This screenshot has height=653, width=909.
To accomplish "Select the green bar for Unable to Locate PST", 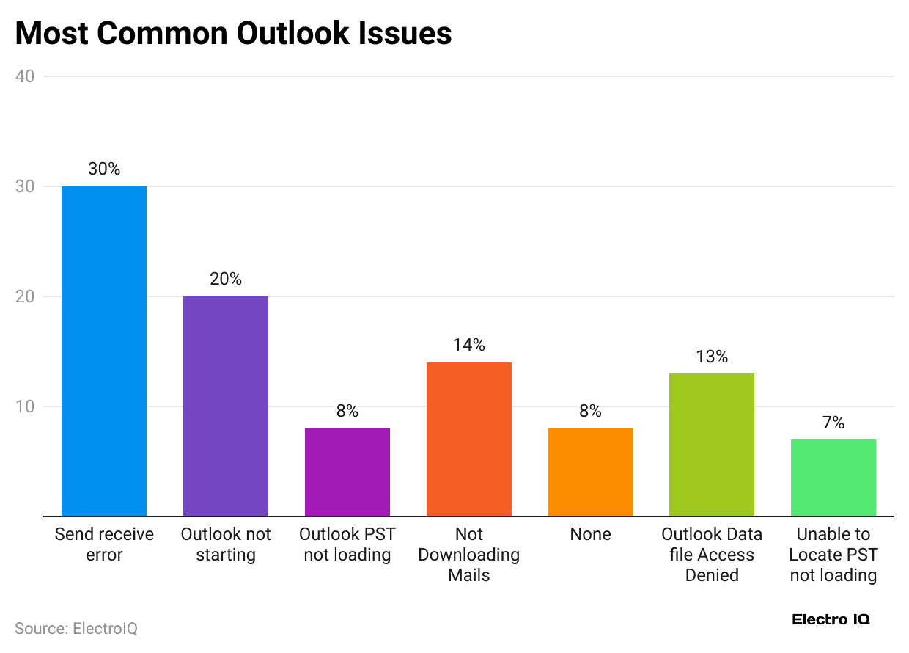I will [833, 478].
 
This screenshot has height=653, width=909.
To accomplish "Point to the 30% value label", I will [104, 169].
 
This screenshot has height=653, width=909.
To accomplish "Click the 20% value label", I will [226, 279].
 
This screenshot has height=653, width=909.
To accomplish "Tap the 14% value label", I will [469, 345].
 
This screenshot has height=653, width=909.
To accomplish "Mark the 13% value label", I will [712, 357].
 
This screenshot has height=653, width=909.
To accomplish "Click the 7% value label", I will [833, 423].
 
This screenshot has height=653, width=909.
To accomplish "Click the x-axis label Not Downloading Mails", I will [469, 555].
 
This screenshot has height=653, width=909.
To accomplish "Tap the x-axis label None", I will [591, 534].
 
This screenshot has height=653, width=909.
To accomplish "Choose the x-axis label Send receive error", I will [104, 544].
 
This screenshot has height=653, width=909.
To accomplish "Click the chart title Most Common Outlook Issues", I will [233, 34].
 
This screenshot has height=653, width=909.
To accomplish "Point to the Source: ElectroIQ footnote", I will [76, 629].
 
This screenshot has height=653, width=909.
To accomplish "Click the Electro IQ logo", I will [831, 619].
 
